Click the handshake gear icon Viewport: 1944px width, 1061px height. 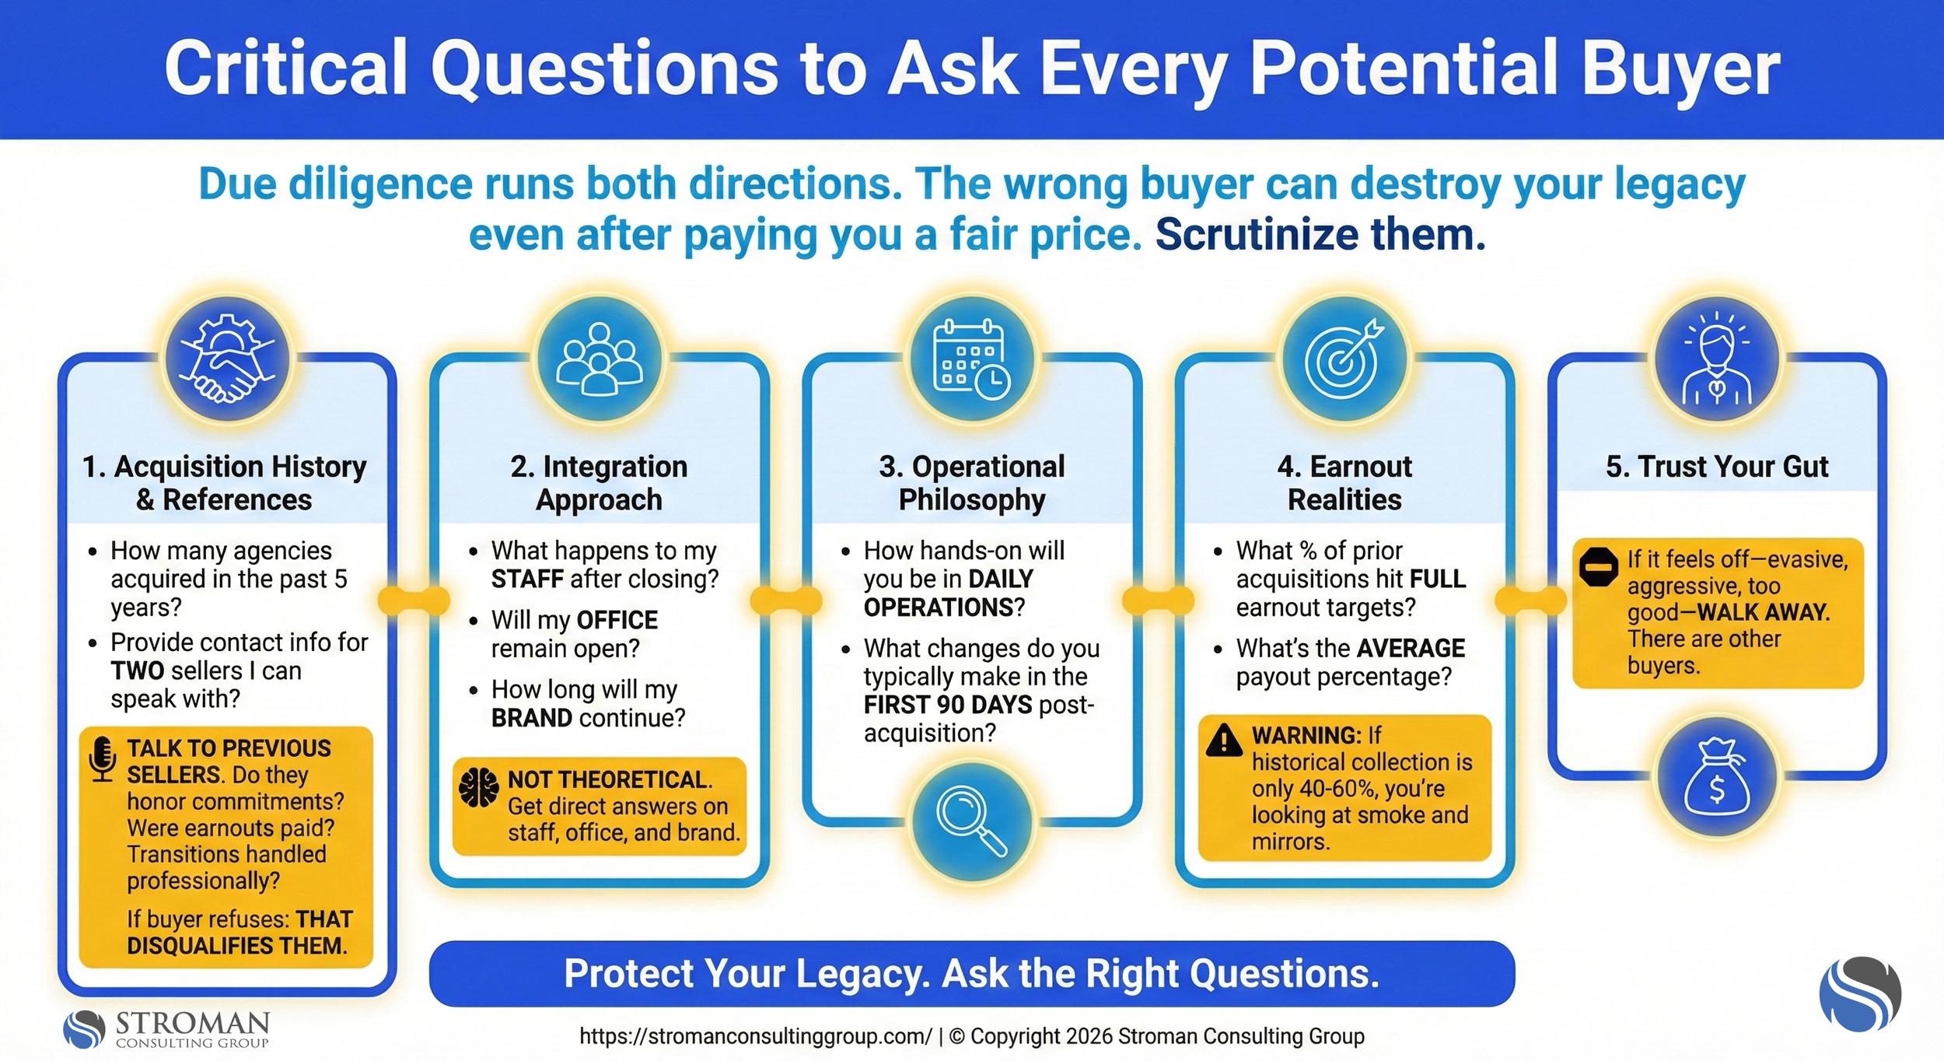[226, 359]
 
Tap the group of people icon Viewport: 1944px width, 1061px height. [599, 359]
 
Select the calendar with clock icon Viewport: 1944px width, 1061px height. [971, 359]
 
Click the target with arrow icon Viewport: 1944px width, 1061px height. [1344, 359]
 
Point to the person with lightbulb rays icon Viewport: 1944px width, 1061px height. [1717, 359]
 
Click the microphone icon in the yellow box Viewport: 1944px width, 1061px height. [103, 758]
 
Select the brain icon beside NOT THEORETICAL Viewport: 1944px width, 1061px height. [478, 787]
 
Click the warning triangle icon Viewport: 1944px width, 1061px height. [1224, 740]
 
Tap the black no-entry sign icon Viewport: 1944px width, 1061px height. [1599, 567]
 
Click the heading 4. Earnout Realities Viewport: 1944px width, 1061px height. [1344, 482]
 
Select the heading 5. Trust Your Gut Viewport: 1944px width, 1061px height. [1717, 467]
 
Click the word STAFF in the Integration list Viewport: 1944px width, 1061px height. [526, 579]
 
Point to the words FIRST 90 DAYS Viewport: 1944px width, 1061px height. [947, 705]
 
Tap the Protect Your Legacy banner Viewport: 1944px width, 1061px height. [971, 973]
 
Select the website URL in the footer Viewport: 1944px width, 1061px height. [755, 1036]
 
